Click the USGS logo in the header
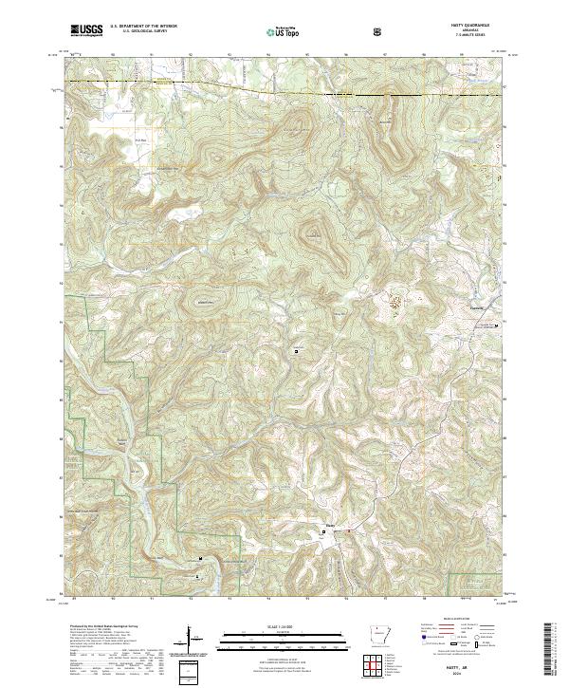coord(87,31)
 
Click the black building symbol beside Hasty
coord(326,532)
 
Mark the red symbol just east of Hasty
coord(348,531)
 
